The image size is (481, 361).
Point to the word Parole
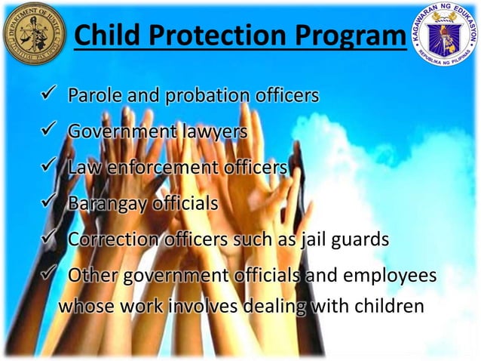(x=93, y=97)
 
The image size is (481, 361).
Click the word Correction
(x=111, y=239)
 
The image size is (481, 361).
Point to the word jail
(x=317, y=239)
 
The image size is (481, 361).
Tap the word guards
(x=363, y=239)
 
